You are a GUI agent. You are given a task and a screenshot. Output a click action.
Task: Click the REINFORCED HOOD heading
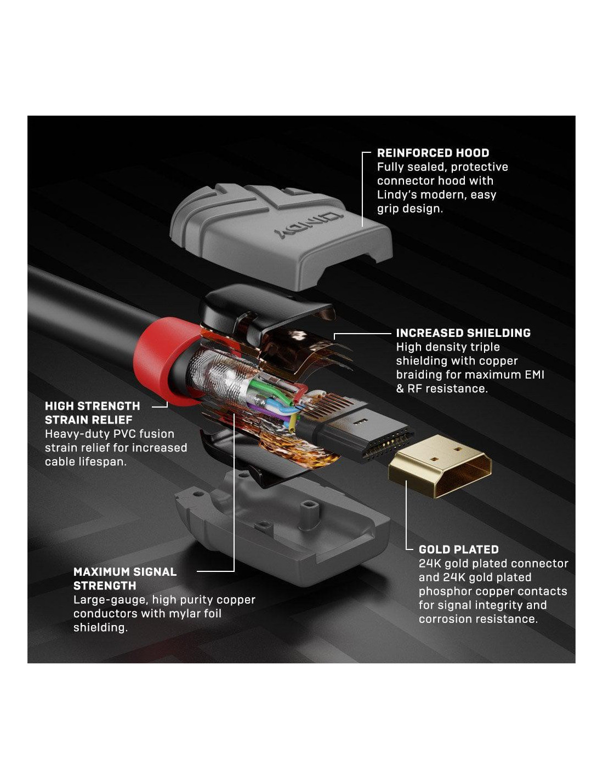433,153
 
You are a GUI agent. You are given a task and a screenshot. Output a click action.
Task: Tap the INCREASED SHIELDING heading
463,333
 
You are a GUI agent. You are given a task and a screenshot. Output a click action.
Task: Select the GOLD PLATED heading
458,549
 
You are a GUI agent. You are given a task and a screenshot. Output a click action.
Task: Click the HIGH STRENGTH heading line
92,406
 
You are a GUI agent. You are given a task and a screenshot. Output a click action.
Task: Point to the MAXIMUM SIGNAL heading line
125,572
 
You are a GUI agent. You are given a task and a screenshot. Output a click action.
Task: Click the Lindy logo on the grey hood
309,226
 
